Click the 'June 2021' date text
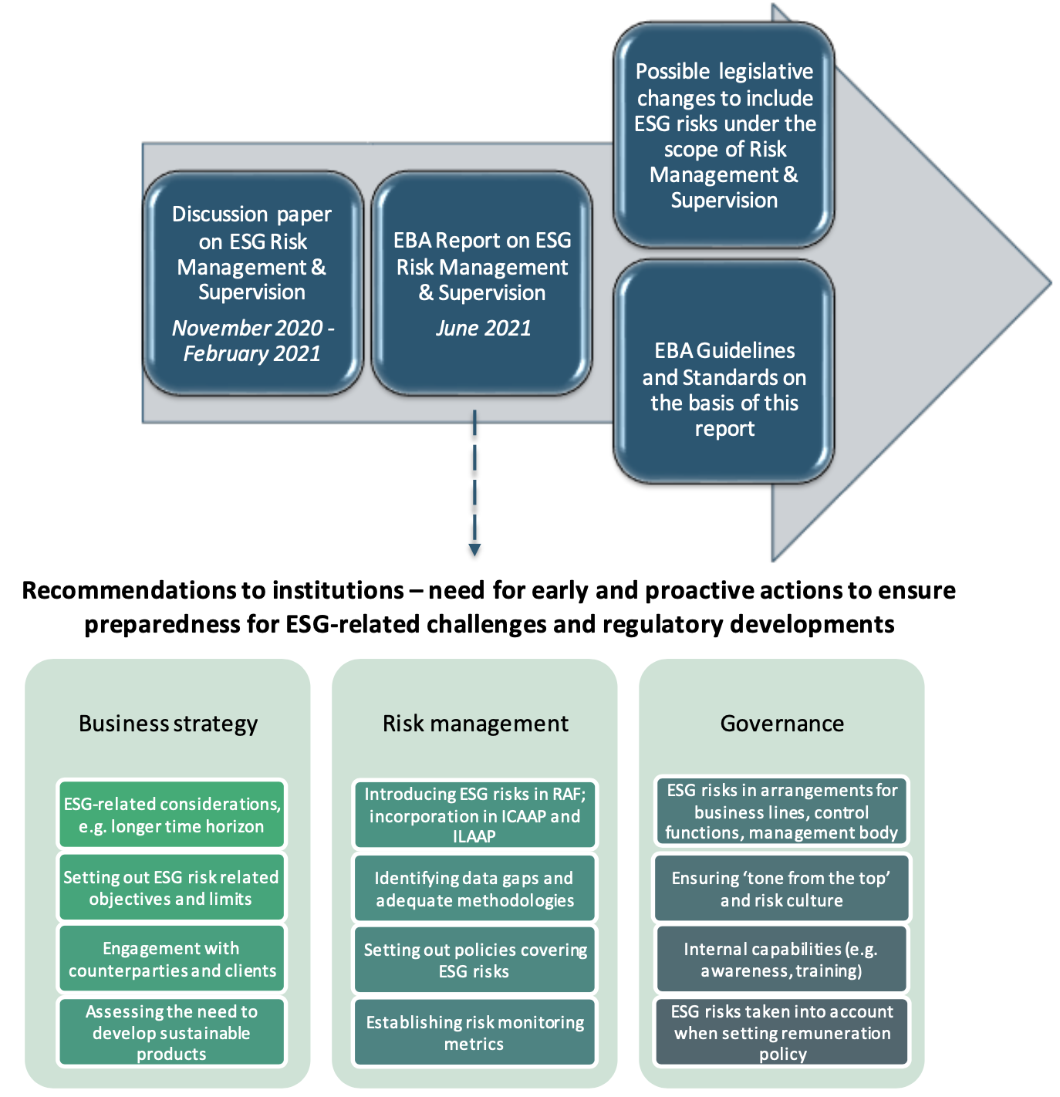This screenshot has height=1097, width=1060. (484, 329)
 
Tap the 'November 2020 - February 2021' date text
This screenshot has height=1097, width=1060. (252, 341)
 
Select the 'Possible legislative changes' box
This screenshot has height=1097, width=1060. (724, 136)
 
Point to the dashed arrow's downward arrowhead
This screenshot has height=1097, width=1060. (474, 549)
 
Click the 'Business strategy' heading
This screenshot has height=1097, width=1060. (168, 724)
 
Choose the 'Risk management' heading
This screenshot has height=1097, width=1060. (475, 724)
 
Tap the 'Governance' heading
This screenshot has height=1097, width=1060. (781, 724)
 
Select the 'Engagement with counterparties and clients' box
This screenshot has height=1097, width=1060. (172, 959)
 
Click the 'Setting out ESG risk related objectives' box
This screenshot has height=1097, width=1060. (171, 887)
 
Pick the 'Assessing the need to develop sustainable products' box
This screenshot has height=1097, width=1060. (171, 1032)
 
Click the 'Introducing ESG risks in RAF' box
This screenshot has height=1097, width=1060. (474, 815)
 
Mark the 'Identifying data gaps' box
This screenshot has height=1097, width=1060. (474, 889)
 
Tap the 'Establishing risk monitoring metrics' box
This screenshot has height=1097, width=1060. (474, 1032)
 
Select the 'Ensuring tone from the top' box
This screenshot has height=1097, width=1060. (781, 889)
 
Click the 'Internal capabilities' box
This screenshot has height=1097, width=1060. (781, 959)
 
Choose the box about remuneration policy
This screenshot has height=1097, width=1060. (781, 1032)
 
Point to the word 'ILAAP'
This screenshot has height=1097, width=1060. (474, 836)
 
